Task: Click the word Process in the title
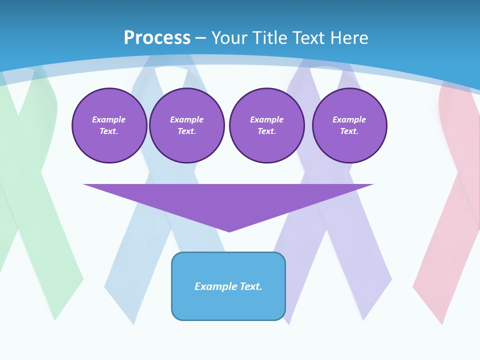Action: [157, 38]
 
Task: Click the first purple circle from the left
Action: [109, 125]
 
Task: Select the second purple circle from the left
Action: [187, 125]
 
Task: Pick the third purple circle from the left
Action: [267, 125]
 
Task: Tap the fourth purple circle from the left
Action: [349, 125]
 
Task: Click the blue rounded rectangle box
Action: [228, 286]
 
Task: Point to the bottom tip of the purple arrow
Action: [229, 232]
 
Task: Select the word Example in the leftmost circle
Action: [108, 119]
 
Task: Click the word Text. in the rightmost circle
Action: [349, 131]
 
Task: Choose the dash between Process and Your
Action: [200, 38]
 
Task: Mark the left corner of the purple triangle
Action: [83, 184]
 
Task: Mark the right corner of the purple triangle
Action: [373, 184]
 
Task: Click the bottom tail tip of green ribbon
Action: [55, 320]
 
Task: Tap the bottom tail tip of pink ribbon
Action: [442, 324]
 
